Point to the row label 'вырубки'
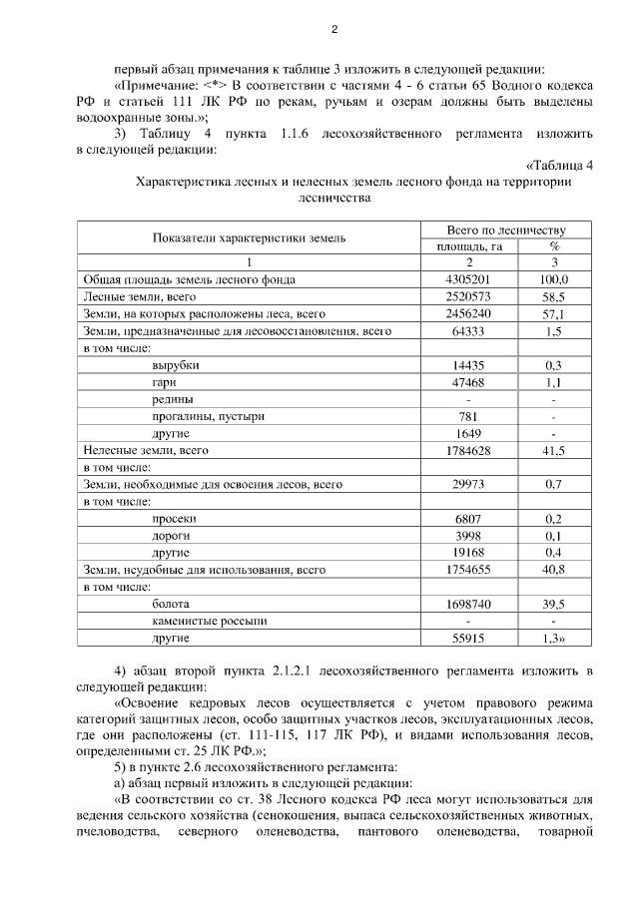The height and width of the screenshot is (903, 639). tap(176, 365)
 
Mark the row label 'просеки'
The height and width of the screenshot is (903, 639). tap(175, 519)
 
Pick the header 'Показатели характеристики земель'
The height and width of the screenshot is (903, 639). tap(250, 237)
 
